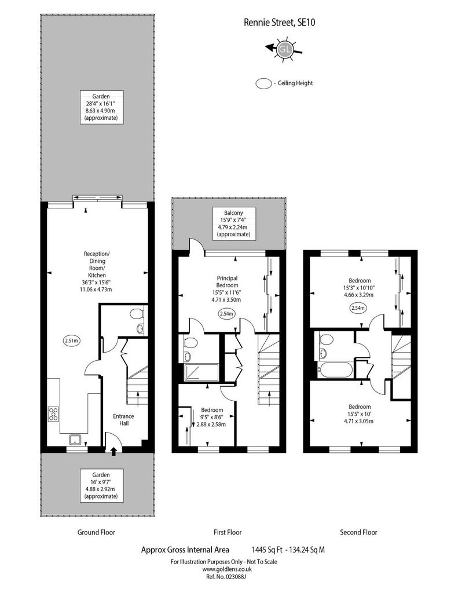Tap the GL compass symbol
pos(284,49)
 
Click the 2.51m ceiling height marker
pos(71,341)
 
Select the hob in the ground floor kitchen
pos(53,413)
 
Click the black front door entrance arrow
pos(113,451)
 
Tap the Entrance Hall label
pos(123,420)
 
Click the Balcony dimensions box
pos(233,224)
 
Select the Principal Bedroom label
pos(227,282)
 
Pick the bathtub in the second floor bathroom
pos(335,369)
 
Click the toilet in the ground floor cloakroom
pos(136,313)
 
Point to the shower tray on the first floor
pos(201,372)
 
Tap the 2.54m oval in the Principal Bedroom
pos(227,313)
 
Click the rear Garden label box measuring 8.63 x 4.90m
pos(101,107)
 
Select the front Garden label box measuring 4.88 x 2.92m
pos(101,485)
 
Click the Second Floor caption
pos(358,532)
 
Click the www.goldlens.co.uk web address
pos(227,569)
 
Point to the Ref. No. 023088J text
pos(226,577)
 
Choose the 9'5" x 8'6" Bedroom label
pos(212,417)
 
